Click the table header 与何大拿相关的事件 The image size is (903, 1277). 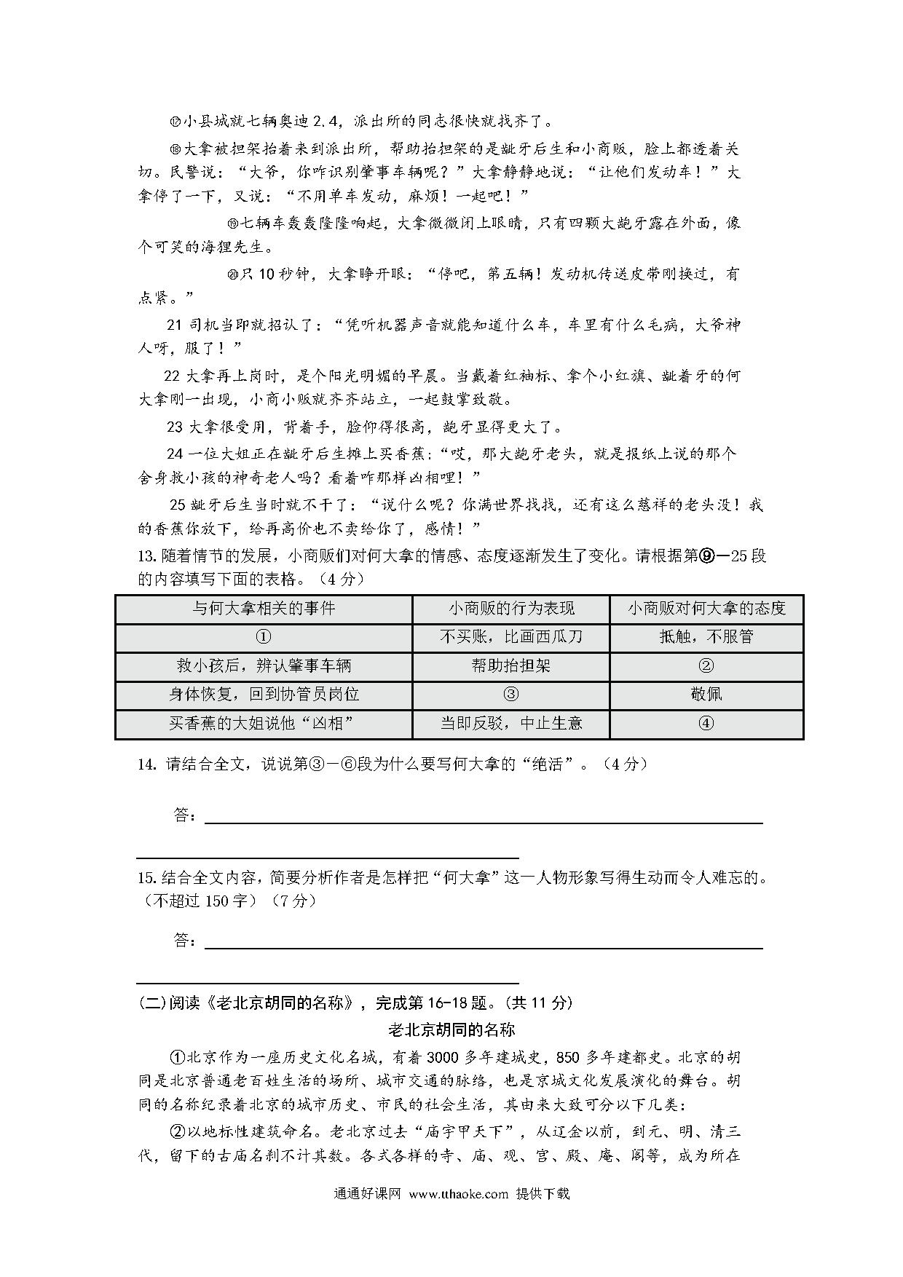[x=264, y=608]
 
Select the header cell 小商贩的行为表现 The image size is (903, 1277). [x=510, y=608]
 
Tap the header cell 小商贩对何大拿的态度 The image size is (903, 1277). [x=706, y=608]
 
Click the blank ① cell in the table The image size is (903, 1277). [x=264, y=637]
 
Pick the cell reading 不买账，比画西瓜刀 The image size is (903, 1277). [x=510, y=637]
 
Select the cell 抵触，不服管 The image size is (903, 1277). [x=706, y=637]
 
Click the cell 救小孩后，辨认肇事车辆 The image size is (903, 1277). [x=264, y=665]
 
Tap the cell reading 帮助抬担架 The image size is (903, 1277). [x=510, y=665]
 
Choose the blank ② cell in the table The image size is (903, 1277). [x=706, y=665]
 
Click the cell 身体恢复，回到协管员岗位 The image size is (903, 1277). [x=264, y=695]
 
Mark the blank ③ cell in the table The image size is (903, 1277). [x=510, y=695]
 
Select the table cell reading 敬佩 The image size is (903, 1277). [x=706, y=695]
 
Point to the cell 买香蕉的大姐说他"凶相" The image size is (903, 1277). [x=264, y=724]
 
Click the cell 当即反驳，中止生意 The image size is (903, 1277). [x=510, y=724]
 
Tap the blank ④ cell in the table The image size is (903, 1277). [x=706, y=724]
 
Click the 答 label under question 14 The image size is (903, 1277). [x=184, y=815]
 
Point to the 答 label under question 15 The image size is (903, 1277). [x=184, y=940]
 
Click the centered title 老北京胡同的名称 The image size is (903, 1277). [x=451, y=1029]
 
